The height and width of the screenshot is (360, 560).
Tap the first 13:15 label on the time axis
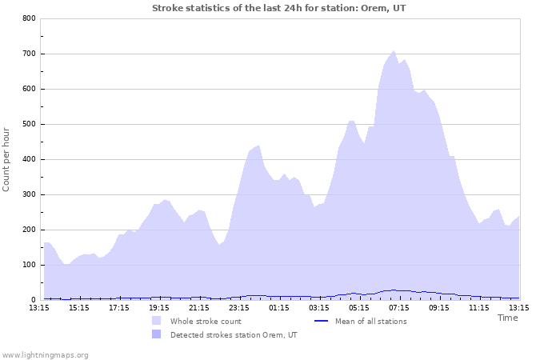coord(39,307)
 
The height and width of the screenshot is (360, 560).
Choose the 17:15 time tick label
coord(119,307)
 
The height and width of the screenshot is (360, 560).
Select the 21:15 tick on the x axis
coord(199,307)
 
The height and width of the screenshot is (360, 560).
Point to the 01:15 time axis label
coord(279,307)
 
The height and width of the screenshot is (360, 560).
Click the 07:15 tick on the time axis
coord(399,307)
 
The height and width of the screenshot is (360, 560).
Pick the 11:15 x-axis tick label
coord(479,307)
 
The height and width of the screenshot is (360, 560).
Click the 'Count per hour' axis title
coord(7,158)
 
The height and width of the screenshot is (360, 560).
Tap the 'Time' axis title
coord(507,318)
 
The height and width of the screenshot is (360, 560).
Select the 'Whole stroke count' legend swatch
coord(156,321)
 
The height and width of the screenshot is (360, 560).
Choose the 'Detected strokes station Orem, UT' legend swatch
coord(156,334)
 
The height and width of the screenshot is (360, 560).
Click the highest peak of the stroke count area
coord(394,51)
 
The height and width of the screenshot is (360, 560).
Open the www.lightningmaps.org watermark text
coord(45,354)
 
